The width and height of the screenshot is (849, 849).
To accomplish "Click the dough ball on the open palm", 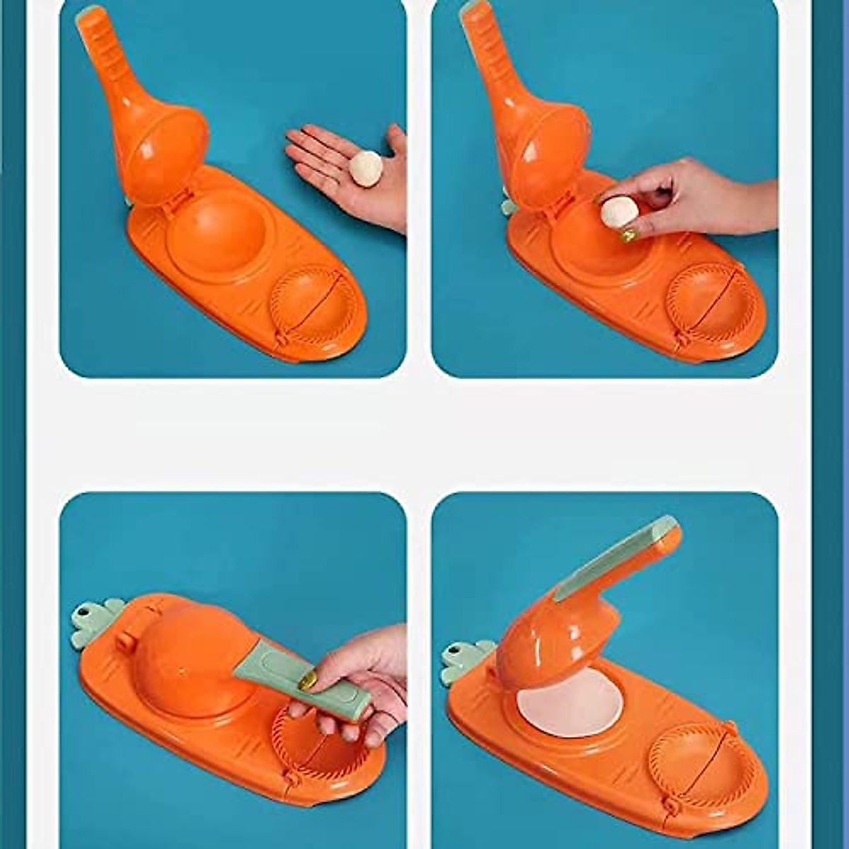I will [x=366, y=169].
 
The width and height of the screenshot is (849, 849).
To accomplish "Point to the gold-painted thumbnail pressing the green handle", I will [x=309, y=681].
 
